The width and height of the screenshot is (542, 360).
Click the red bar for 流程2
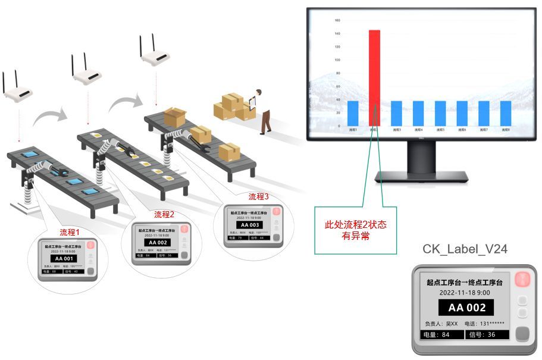[x=374, y=77]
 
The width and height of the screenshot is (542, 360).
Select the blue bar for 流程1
[x=353, y=113]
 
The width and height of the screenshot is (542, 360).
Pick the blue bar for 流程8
[x=506, y=113]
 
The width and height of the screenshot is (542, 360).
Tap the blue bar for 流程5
[x=440, y=113]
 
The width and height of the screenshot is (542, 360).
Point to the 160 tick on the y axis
[x=337, y=20]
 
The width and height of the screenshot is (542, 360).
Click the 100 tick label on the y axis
[x=337, y=60]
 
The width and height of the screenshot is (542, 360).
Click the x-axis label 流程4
[x=418, y=130]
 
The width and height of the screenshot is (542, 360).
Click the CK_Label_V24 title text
[x=465, y=249]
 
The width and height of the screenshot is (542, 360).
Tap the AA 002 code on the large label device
[x=466, y=308]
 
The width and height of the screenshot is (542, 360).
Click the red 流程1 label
[x=70, y=231]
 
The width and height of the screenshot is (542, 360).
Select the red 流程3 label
[x=259, y=196]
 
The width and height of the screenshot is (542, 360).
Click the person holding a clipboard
[x=264, y=110]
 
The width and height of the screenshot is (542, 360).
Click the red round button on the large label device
[x=522, y=278]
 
